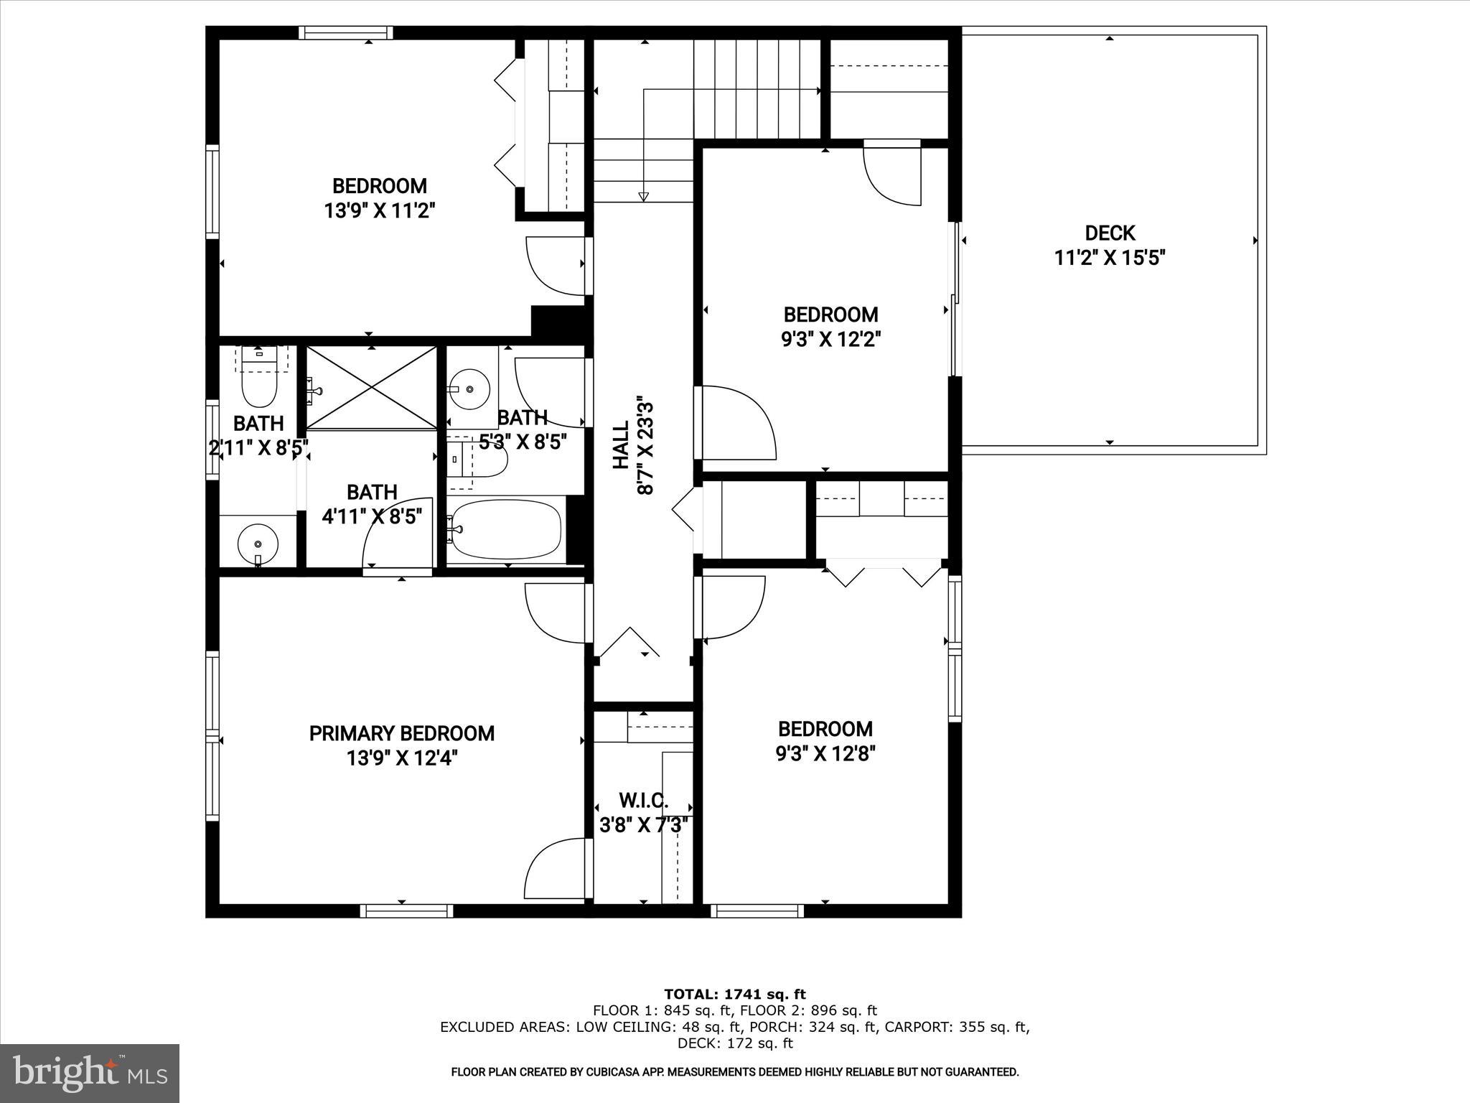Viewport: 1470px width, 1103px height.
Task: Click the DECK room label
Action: [x=1109, y=233]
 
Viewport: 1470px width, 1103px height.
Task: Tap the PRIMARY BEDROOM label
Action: [x=401, y=733]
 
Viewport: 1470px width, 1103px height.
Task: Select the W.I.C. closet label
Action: [x=643, y=800]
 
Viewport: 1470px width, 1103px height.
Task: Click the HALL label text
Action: [x=621, y=445]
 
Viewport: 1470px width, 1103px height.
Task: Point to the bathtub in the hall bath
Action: [x=506, y=529]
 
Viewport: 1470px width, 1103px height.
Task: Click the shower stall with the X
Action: [x=371, y=388]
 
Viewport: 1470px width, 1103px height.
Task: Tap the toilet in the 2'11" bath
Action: [x=259, y=384]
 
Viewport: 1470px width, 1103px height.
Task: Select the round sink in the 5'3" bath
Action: [x=469, y=389]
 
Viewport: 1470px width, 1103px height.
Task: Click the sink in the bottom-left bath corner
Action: [x=258, y=544]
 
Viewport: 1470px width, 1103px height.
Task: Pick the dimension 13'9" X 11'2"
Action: [x=380, y=210]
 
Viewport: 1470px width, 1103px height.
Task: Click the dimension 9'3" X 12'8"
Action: [x=825, y=753]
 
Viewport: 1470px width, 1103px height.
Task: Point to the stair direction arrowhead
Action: [x=643, y=197]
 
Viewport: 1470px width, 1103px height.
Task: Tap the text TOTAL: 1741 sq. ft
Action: [x=734, y=995]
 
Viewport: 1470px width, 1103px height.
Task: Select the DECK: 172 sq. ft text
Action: [x=734, y=1043]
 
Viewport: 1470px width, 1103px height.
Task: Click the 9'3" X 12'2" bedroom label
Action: [x=830, y=315]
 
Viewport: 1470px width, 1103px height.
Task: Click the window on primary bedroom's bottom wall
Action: [x=406, y=911]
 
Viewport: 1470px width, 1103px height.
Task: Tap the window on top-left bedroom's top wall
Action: [x=345, y=32]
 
